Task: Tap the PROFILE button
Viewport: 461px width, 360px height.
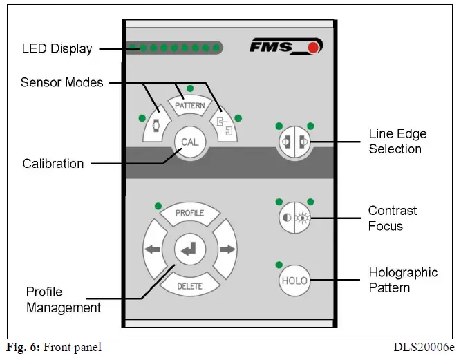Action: tap(189, 214)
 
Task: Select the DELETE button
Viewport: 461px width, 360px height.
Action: tap(189, 285)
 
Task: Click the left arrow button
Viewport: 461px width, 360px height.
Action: tap(153, 249)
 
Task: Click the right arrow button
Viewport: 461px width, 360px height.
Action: tap(226, 249)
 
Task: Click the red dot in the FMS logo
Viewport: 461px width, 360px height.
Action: tap(314, 48)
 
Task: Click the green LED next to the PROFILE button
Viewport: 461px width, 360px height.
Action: tap(158, 205)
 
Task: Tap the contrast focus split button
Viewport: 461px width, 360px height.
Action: tap(294, 218)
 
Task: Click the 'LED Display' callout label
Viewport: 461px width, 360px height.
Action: tap(57, 49)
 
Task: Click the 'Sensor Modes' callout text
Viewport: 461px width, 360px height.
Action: tap(62, 82)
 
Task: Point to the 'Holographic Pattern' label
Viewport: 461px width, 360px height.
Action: tap(403, 280)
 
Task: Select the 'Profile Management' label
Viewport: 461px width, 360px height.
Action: tap(64, 299)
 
